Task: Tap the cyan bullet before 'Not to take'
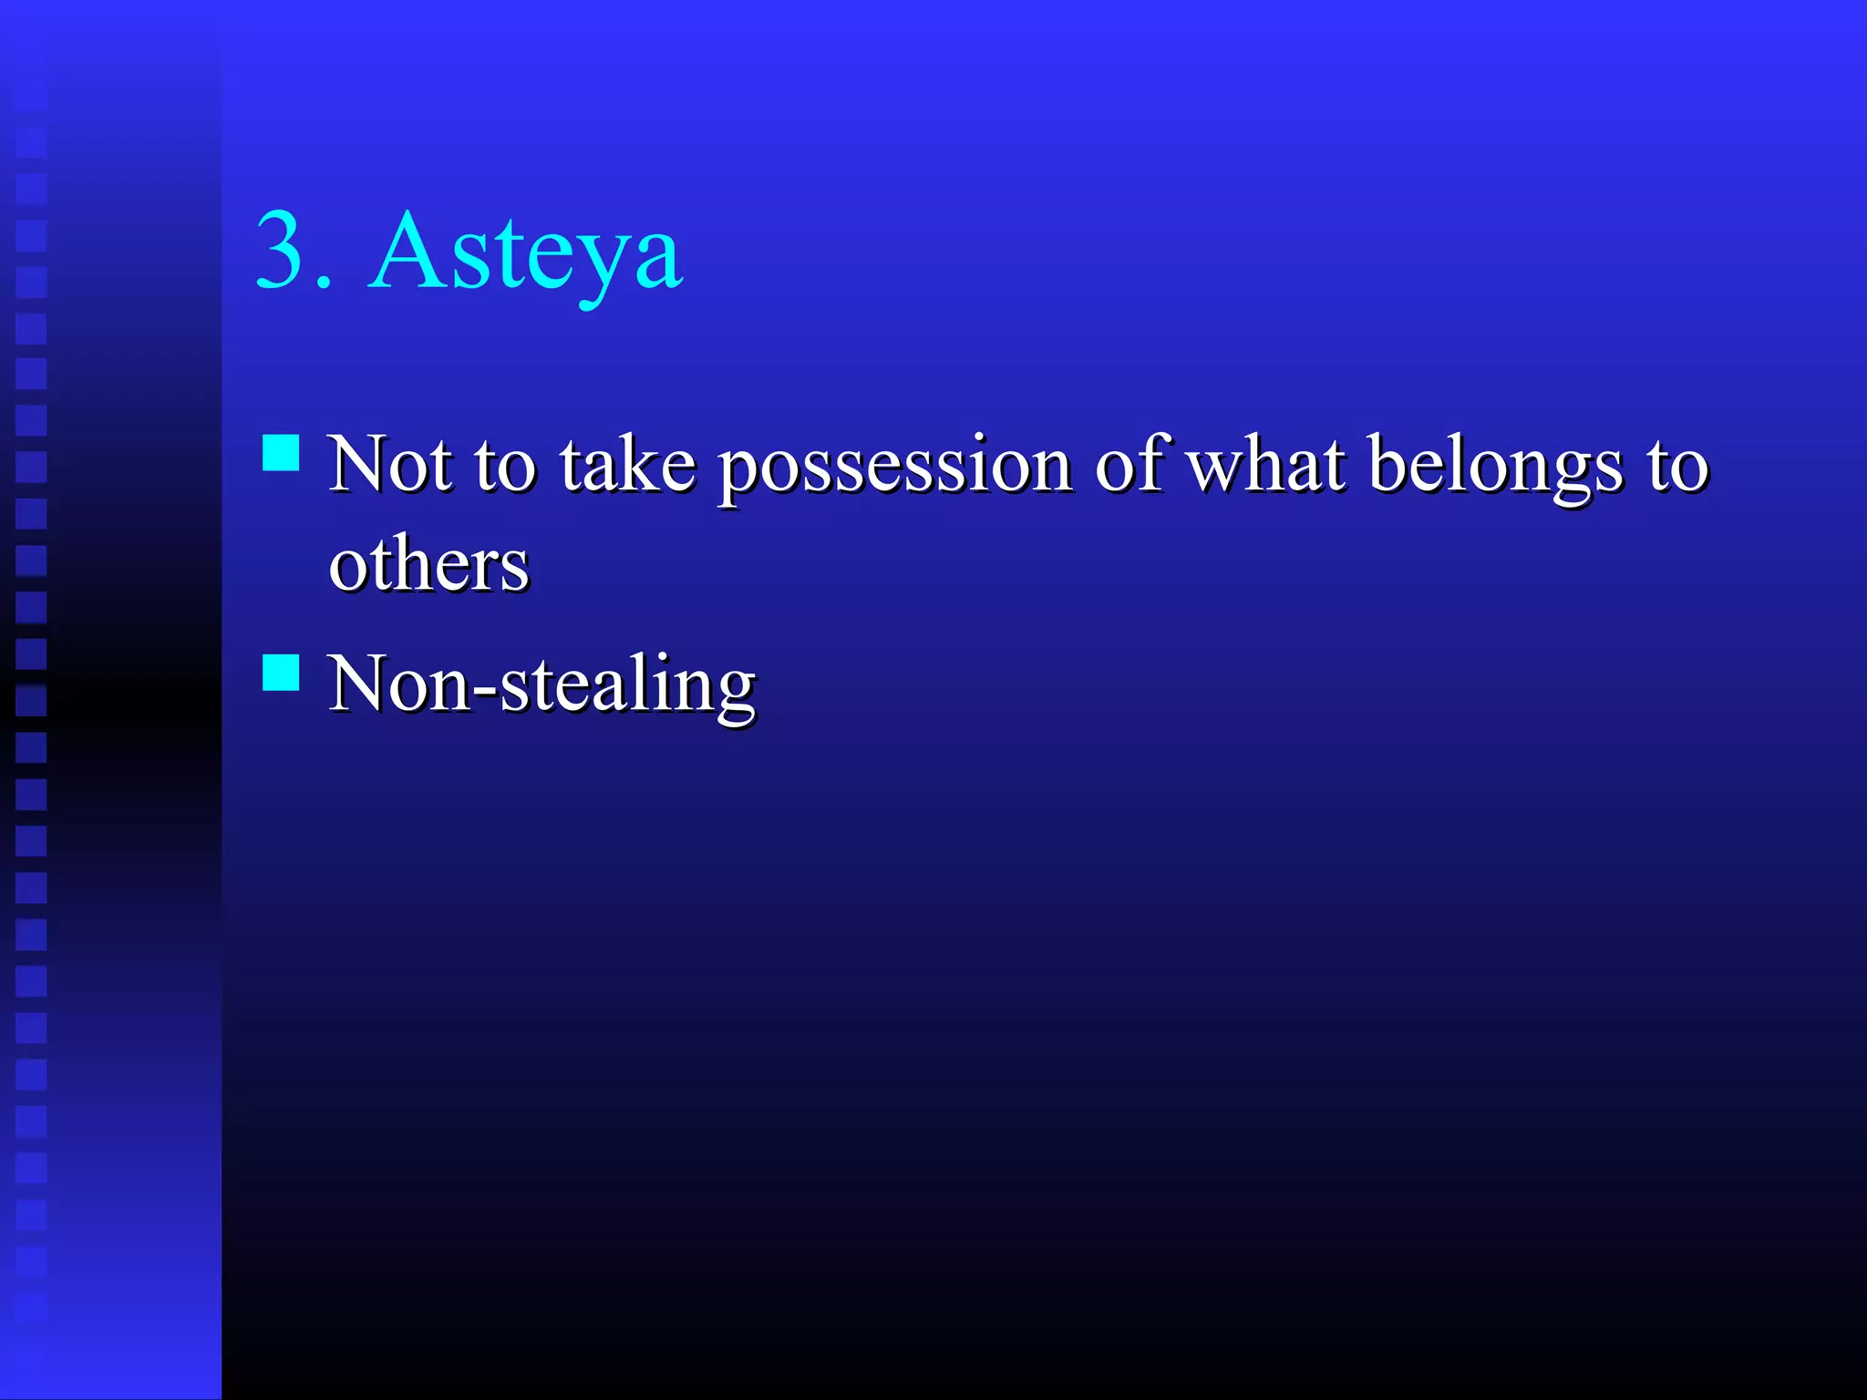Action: click(281, 452)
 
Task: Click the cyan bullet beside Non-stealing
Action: click(281, 673)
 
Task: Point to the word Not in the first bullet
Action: click(389, 465)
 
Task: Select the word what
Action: click(1266, 465)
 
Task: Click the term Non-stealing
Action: click(542, 685)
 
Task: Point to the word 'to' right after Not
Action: click(504, 467)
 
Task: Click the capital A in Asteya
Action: click(405, 250)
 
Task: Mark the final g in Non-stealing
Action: click(735, 695)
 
